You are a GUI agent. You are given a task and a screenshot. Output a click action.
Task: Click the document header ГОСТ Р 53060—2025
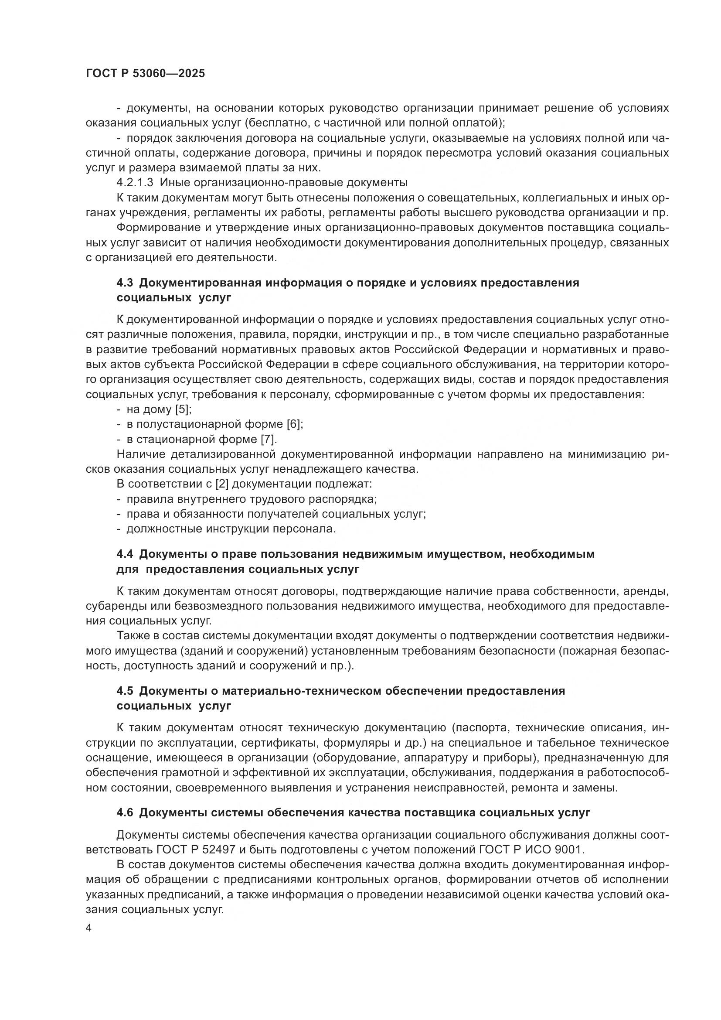pos(145,74)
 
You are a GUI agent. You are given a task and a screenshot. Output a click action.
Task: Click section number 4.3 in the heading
pos(125,283)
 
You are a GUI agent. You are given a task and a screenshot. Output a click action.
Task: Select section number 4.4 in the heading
pos(125,554)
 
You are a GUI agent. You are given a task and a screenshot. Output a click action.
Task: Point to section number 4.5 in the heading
pos(125,691)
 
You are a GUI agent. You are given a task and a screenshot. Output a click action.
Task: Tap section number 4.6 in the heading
pos(125,812)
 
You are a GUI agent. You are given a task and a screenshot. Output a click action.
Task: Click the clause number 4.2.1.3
pos(135,183)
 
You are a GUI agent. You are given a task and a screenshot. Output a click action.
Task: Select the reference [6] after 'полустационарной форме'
pos(295,424)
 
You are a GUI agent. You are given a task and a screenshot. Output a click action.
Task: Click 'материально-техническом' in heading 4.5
pos(297,691)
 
